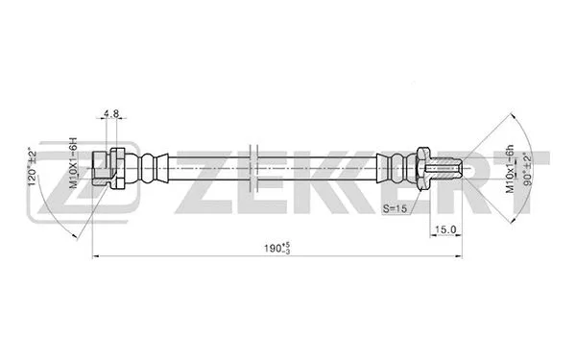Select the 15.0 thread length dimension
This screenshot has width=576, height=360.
(x=444, y=229)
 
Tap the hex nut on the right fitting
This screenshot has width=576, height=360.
(x=421, y=170)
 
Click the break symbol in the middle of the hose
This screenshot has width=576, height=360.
(x=252, y=170)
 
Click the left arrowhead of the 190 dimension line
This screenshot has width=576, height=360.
(x=95, y=256)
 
